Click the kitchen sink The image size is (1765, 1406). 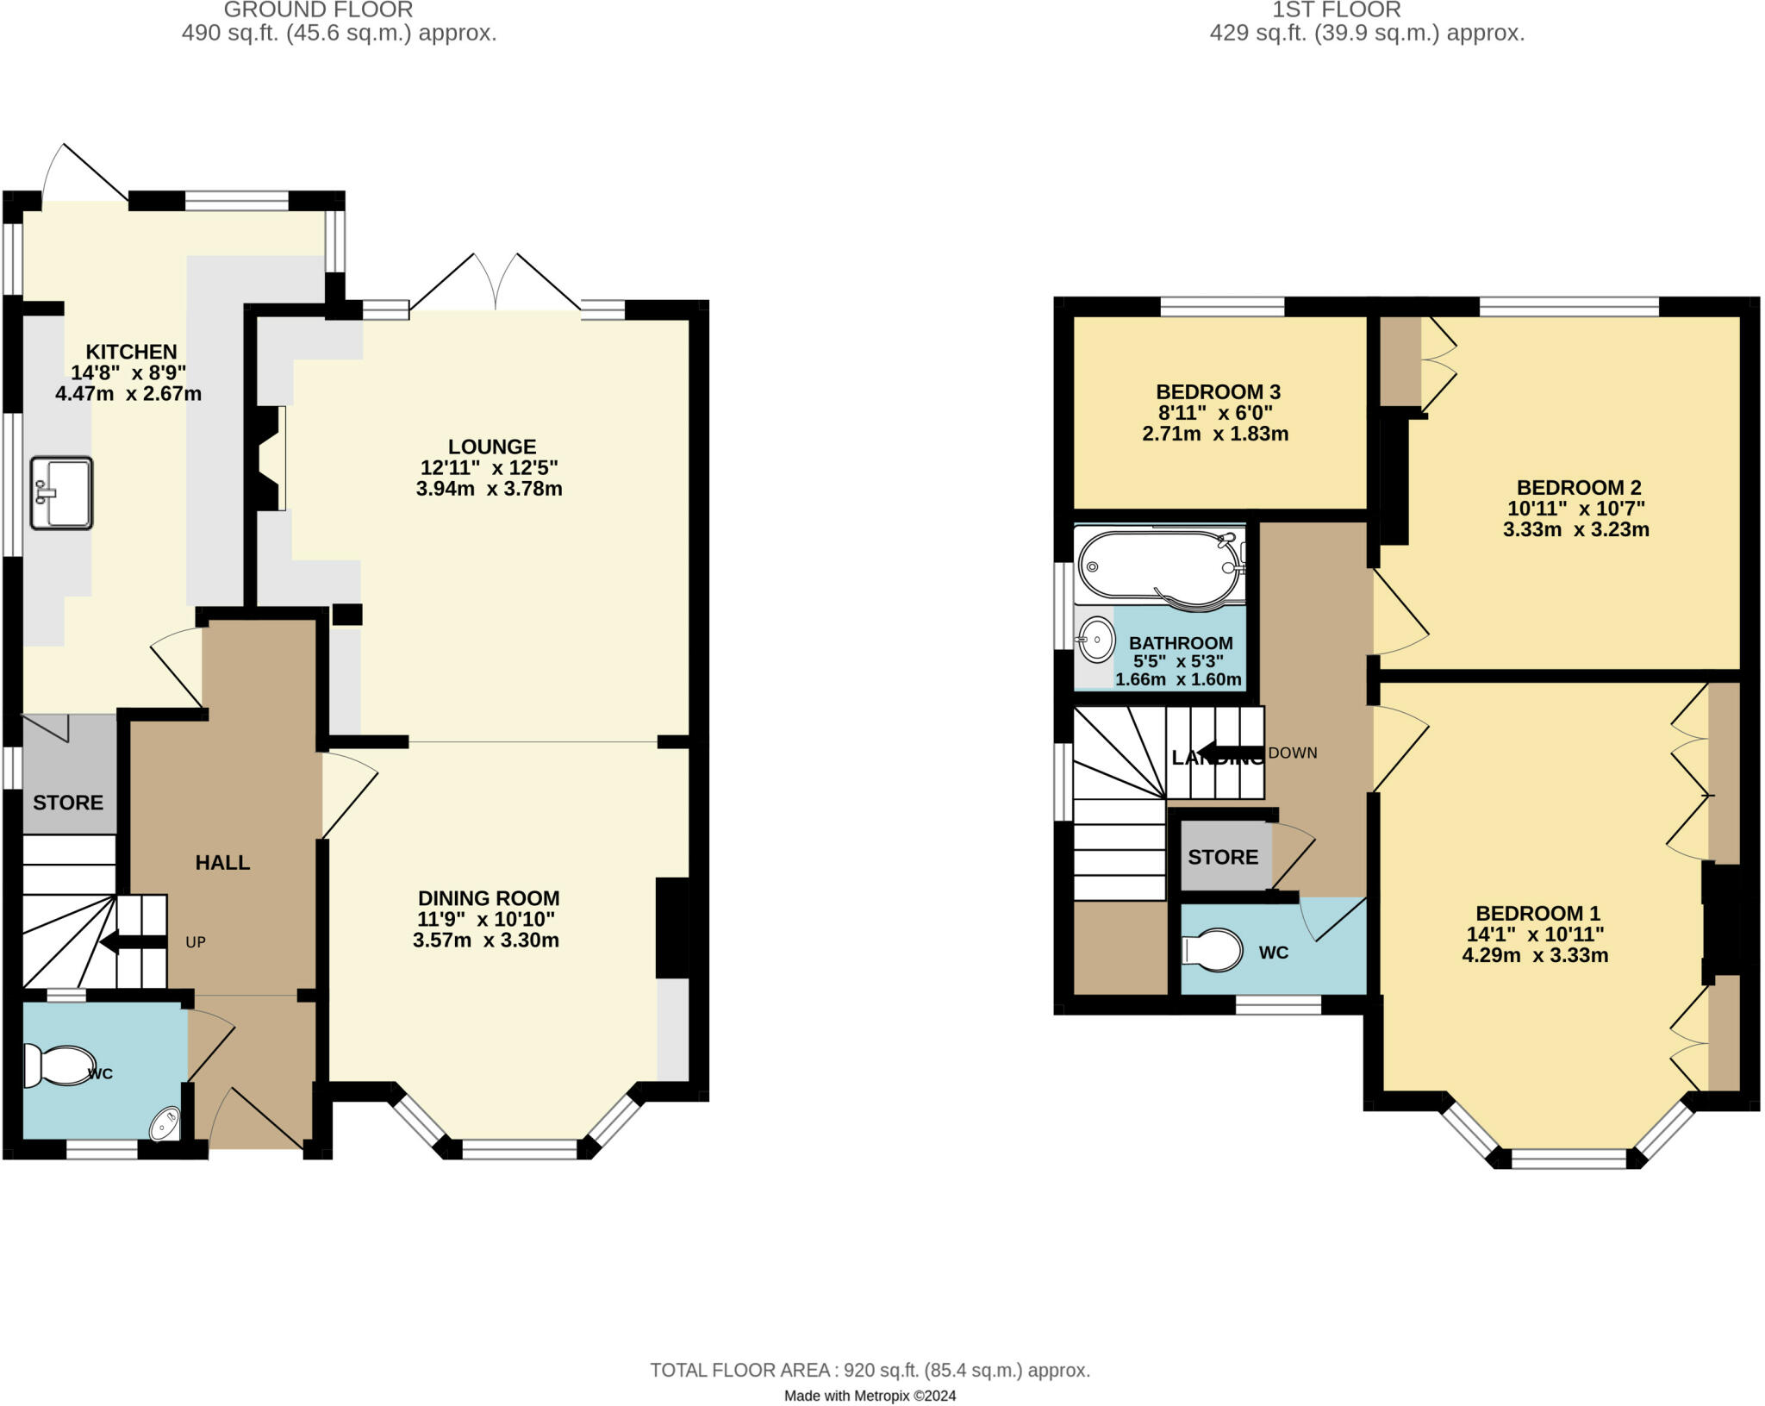click(x=61, y=492)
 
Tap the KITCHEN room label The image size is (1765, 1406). click(x=131, y=352)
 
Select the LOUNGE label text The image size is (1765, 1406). click(x=492, y=447)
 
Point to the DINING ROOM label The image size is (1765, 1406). click(x=489, y=898)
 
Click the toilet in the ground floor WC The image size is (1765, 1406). click(x=58, y=1065)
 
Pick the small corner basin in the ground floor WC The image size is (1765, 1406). click(x=165, y=1125)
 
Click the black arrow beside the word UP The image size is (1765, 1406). click(x=134, y=942)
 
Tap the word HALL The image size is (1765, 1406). click(x=222, y=863)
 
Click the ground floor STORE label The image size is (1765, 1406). click(x=68, y=803)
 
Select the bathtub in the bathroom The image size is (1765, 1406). click(x=1160, y=566)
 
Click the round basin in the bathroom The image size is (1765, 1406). click(x=1096, y=640)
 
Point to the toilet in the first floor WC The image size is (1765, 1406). click(x=1212, y=951)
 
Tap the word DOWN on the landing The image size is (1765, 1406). click(x=1293, y=753)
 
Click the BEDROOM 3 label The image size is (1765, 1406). click(x=1218, y=392)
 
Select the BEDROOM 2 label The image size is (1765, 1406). click(x=1579, y=487)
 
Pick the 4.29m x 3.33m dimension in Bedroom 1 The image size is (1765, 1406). click(x=1535, y=955)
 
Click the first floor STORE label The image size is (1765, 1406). click(x=1223, y=857)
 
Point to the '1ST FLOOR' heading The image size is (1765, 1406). click(x=1337, y=9)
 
